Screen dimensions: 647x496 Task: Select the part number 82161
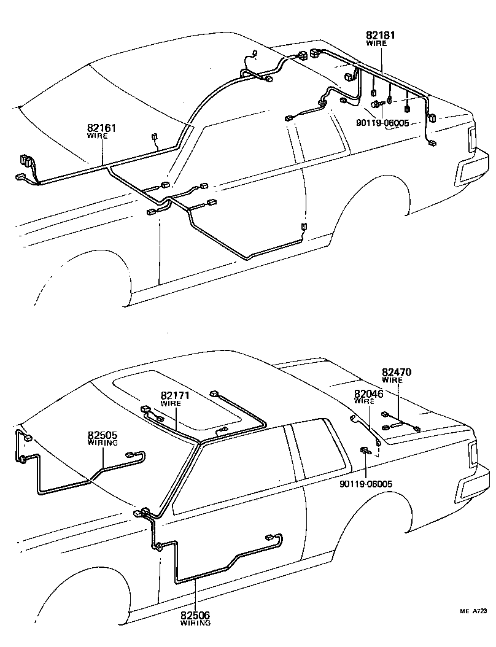coord(102,128)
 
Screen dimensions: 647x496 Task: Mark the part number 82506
coord(195,615)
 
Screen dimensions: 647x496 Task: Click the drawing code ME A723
coord(474,611)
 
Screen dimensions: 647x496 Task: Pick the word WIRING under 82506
coord(195,622)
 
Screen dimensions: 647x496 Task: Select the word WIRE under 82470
coord(393,380)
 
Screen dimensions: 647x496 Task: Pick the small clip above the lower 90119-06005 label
coord(365,452)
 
